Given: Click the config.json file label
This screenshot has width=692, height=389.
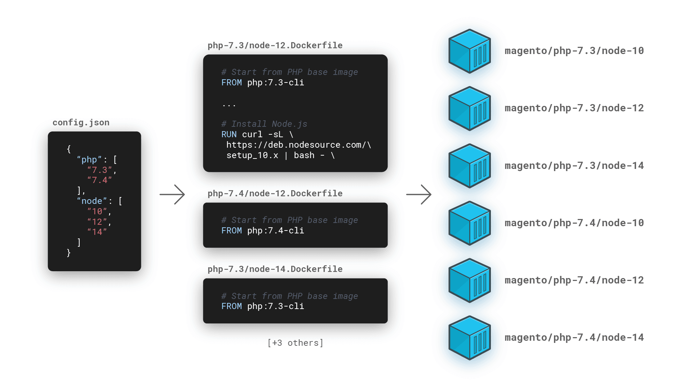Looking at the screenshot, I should click(81, 122).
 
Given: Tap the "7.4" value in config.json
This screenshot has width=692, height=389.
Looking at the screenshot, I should click(99, 180).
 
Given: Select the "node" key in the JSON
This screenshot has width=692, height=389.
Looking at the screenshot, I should click(92, 201).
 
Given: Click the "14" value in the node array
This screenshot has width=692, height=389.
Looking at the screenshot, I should click(97, 232).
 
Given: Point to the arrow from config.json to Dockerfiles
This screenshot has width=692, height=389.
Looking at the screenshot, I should click(172, 194).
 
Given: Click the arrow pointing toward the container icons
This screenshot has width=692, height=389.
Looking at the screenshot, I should click(419, 194).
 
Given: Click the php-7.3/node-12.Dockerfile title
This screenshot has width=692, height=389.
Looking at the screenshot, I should click(275, 45).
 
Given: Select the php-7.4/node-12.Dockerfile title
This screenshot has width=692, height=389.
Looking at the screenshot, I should click(275, 193).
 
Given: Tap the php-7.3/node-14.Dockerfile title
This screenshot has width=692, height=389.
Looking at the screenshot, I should click(275, 269).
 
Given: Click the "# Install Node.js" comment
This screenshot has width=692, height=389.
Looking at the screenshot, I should click(264, 124).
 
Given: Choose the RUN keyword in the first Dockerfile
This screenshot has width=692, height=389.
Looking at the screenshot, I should click(229, 134).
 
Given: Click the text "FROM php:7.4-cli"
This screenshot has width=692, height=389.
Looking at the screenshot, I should click(263, 231).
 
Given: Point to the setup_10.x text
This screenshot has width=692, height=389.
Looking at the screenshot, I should click(252, 155).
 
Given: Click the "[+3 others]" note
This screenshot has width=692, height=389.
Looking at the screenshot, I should click(295, 343).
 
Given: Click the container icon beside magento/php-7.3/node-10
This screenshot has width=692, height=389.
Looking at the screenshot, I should click(469, 51).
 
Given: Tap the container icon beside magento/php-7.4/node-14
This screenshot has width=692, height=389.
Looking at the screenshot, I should click(469, 338).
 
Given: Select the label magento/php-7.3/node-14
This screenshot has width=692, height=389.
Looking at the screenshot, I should click(574, 166).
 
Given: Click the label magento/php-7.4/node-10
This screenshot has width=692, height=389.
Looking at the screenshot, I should click(574, 223).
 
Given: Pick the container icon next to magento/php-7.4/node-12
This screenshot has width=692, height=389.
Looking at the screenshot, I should click(469, 281).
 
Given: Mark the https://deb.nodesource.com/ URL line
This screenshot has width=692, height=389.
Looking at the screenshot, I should click(298, 145).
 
